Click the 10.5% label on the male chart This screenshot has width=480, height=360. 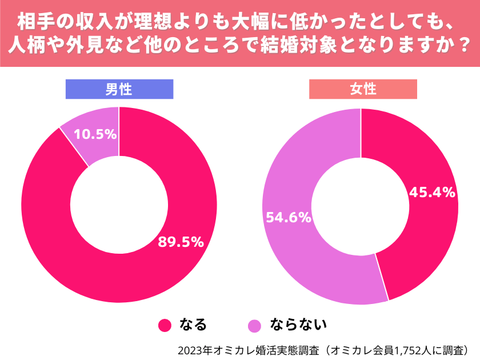pos(96,134)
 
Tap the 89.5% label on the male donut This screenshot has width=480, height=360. pos(181,242)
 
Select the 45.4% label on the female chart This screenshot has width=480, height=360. pos(432,192)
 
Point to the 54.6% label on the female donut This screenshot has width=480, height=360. pos(287,217)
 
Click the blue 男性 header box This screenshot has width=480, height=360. pos(119,89)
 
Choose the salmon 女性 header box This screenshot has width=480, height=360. pos(363,89)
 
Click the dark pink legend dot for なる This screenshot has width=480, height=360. pos(165,325)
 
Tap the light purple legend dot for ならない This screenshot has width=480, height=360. pos(254,325)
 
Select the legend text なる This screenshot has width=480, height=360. pos(193,325)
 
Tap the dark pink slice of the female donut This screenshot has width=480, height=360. pos(423,240)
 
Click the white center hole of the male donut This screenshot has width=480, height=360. pos(119,205)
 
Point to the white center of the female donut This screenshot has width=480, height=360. pos(361,206)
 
